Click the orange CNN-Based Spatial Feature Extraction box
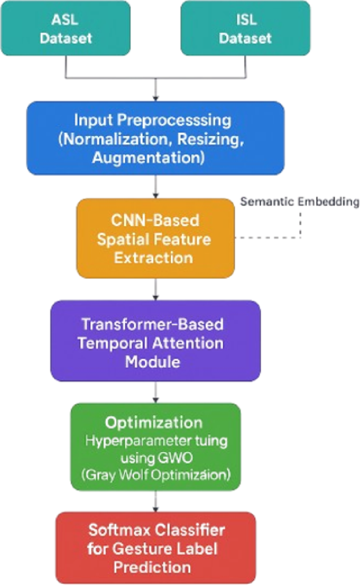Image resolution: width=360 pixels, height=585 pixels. (x=155, y=237)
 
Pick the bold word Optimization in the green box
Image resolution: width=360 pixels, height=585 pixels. (x=156, y=422)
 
